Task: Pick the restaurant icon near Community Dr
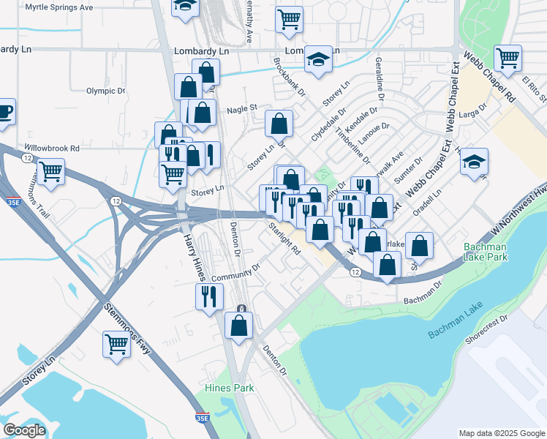(x=209, y=296)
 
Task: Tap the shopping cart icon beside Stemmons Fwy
(x=117, y=343)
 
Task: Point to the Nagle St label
(x=243, y=108)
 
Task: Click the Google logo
(x=24, y=430)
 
